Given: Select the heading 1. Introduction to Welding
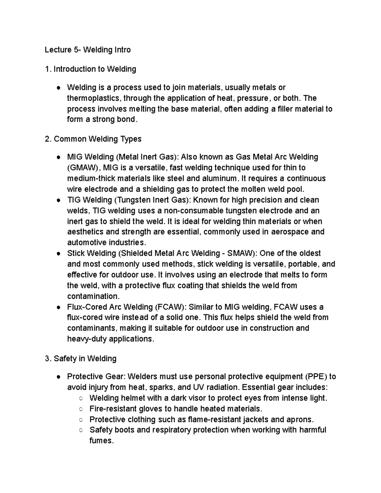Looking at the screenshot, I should [90, 69].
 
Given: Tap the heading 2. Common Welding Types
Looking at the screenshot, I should [93, 139].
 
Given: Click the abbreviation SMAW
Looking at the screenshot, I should [243, 253].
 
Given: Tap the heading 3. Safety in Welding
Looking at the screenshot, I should [81, 359].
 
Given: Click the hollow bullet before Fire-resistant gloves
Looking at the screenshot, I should [81, 409].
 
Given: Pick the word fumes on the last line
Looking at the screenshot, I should [101, 441].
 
